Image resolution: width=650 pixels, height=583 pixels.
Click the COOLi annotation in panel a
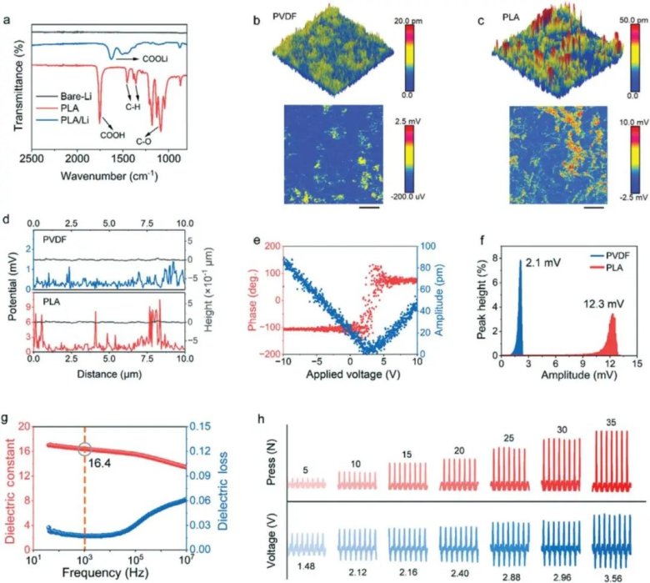click(x=157, y=61)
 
